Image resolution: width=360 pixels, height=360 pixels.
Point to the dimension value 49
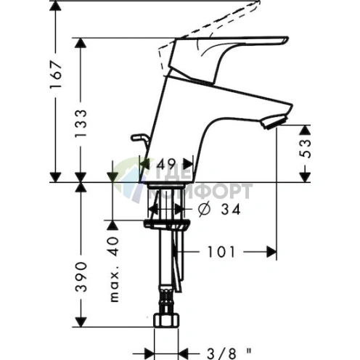point(166,164)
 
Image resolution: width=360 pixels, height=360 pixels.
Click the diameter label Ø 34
point(218,210)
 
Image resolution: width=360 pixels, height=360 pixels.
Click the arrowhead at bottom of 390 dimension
point(82,321)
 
